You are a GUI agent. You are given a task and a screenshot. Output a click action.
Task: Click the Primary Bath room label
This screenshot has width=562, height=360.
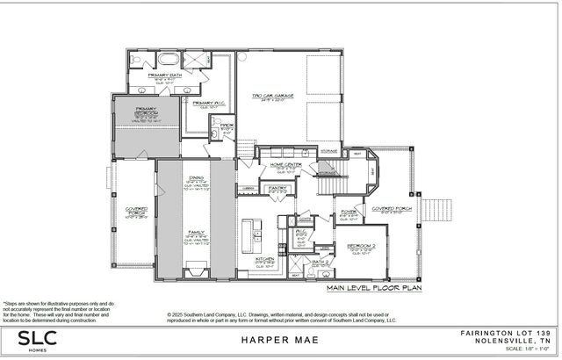coord(165,76)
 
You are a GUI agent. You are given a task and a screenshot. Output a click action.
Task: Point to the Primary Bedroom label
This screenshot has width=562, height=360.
coord(146,110)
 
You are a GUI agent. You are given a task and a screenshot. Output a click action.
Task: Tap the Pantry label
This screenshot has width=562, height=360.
coord(278,188)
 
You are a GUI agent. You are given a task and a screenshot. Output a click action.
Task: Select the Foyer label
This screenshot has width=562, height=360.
coord(348,212)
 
